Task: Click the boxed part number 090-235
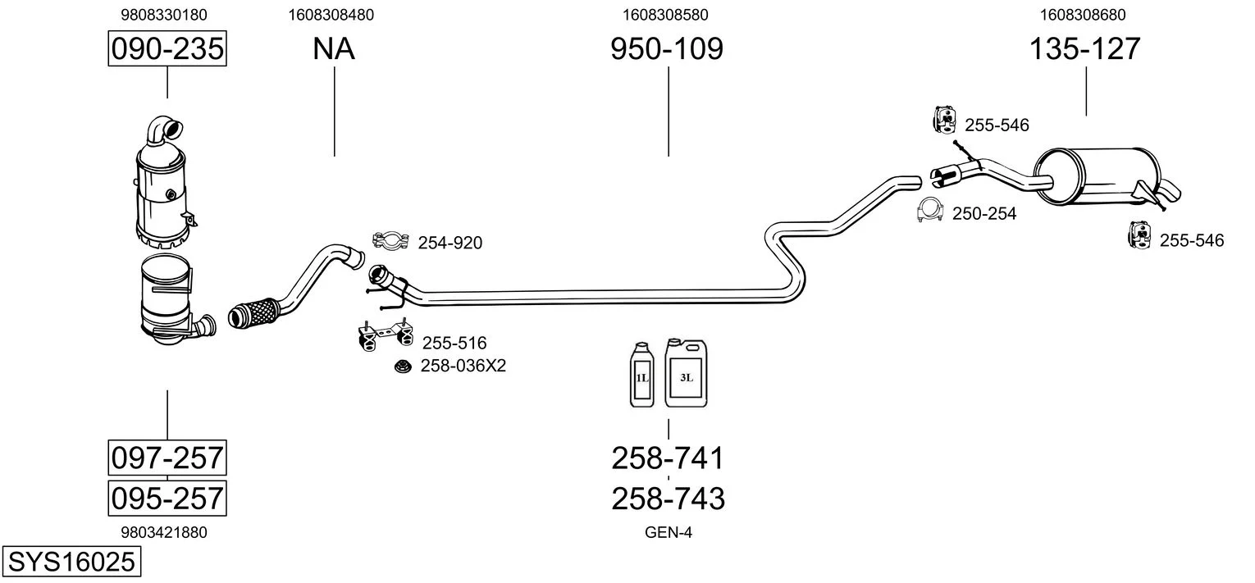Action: (167, 49)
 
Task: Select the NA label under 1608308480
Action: (334, 49)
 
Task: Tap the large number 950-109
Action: (667, 49)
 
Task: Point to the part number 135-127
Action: (1085, 49)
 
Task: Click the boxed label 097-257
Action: (167, 458)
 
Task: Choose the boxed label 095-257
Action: (167, 498)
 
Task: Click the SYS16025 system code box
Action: (71, 563)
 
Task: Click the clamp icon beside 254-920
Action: (391, 241)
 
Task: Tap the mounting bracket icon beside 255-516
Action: (384, 335)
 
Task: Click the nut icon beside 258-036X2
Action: (403, 366)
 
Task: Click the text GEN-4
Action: (669, 532)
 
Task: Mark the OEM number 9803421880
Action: (164, 532)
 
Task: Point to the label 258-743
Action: (668, 498)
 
